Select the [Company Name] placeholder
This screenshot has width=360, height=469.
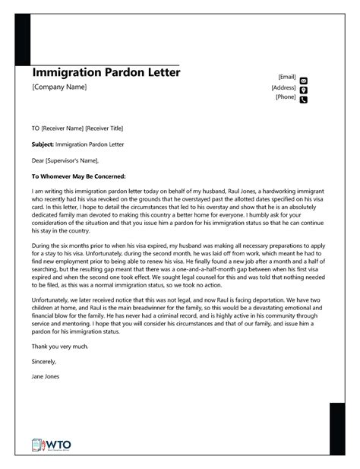tap(60, 87)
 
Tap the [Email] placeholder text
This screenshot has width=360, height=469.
tap(287, 77)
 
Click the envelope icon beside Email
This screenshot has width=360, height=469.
tap(304, 80)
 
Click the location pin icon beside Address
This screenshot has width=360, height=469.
tap(304, 90)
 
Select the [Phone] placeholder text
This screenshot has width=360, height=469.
tap(286, 97)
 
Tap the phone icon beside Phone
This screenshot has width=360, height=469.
tap(304, 100)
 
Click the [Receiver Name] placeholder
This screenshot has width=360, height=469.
tap(62, 128)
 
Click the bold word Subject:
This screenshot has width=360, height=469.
tap(43, 144)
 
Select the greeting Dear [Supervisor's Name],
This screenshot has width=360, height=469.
tap(65, 160)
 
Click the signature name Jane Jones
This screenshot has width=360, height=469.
tap(46, 377)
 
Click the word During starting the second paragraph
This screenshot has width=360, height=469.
tap(42, 248)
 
